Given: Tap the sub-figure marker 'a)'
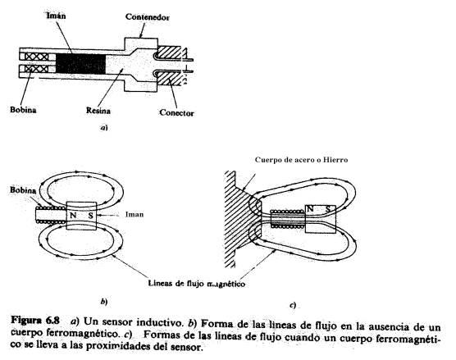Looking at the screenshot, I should tap(103, 128).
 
